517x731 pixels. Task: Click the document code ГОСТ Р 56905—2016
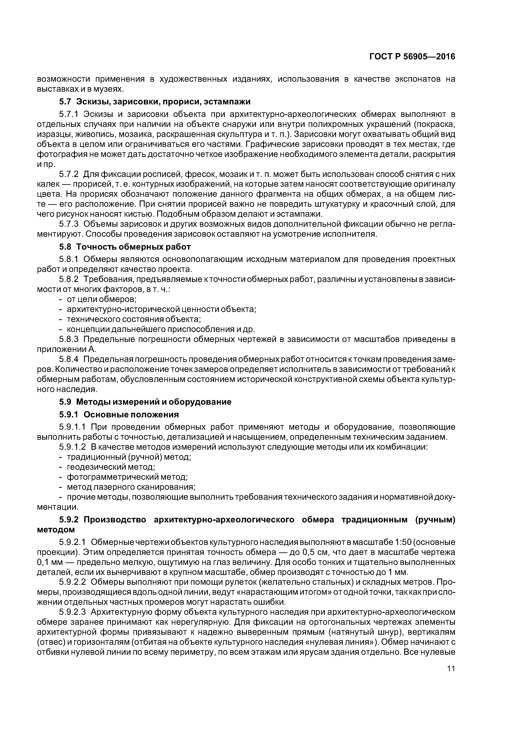point(412,57)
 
